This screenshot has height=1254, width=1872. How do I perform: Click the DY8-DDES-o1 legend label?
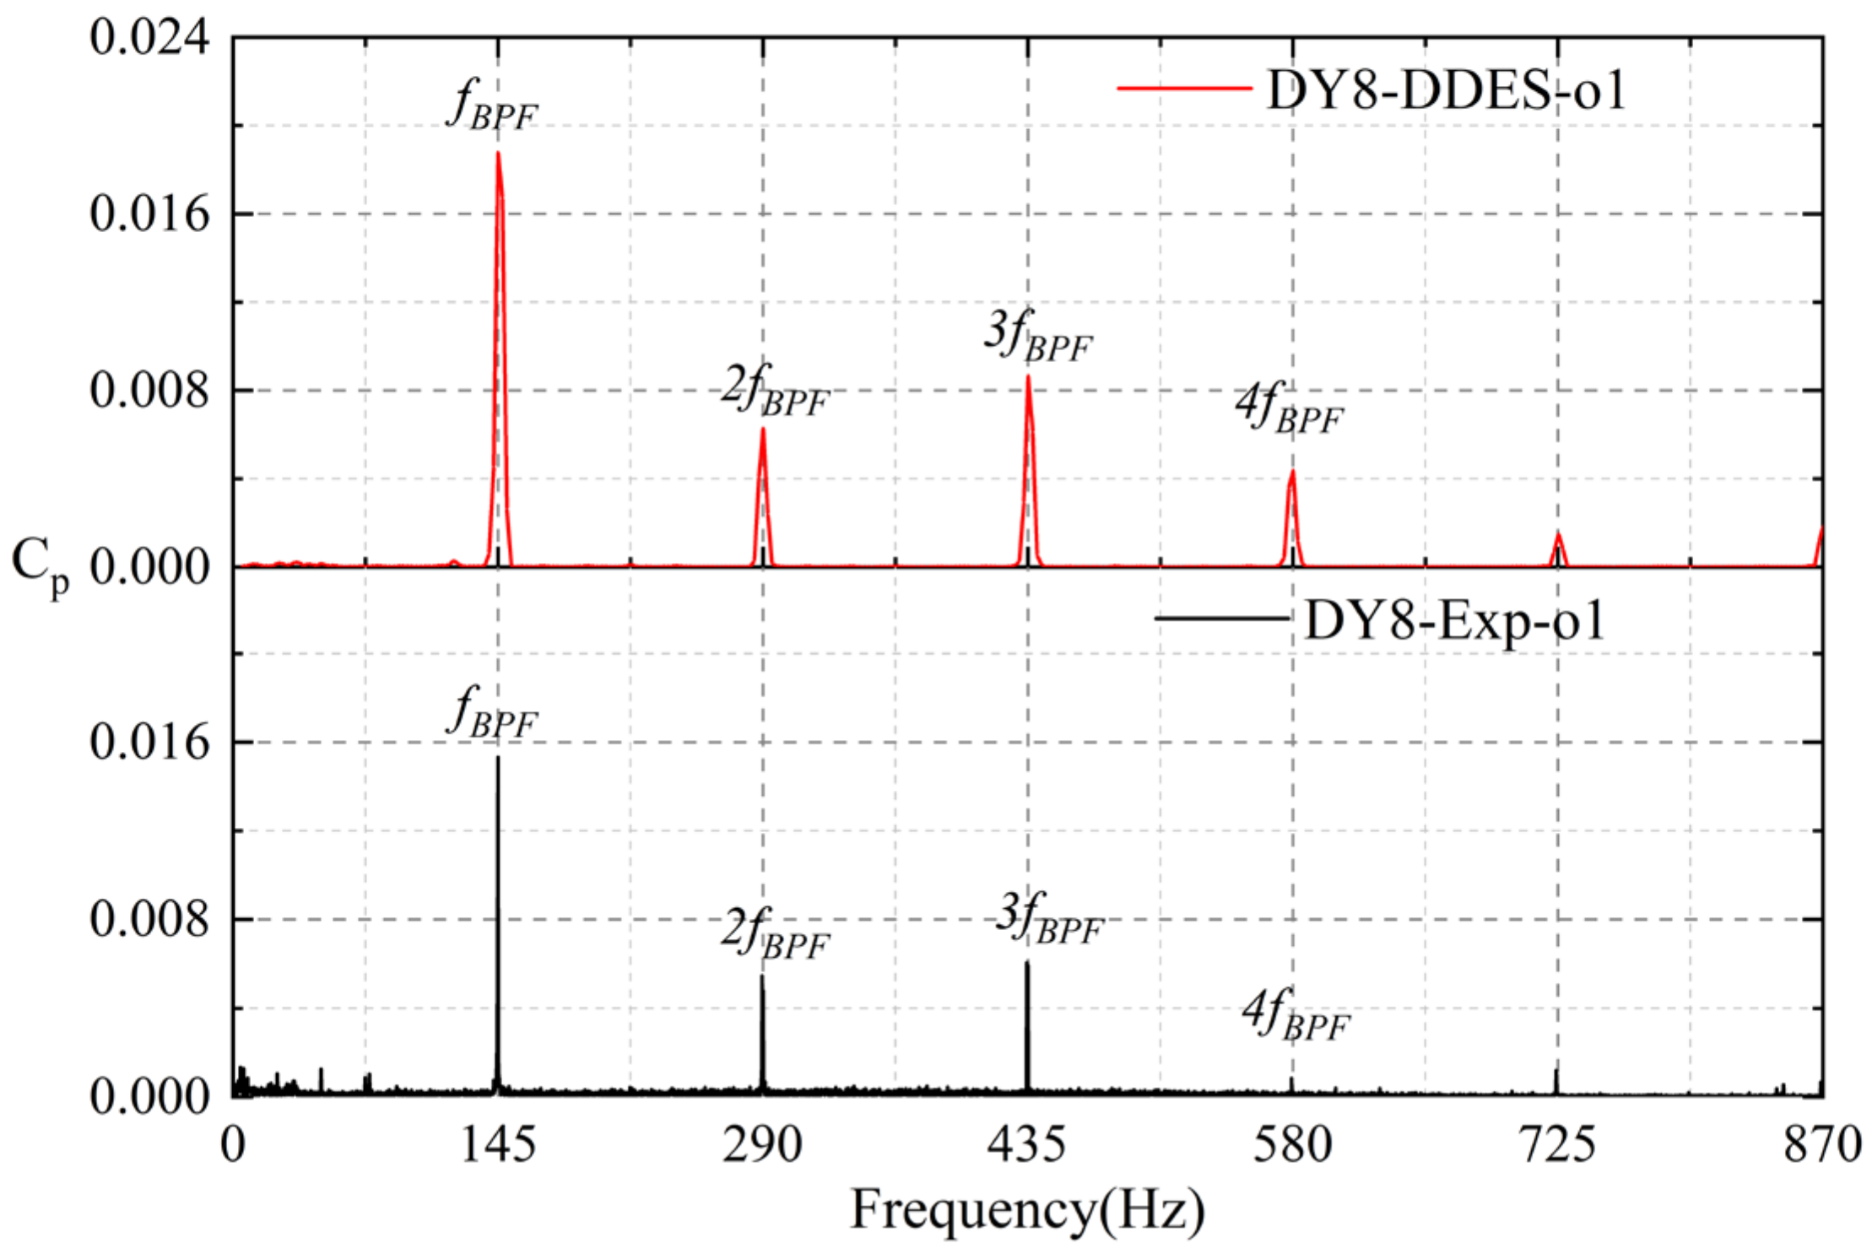[1446, 89]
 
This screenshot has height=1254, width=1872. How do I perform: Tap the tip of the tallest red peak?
[498, 154]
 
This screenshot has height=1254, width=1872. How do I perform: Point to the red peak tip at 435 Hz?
[1028, 376]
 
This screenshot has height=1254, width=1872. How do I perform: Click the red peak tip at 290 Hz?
[763, 429]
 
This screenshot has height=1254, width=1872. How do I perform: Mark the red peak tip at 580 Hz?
[1292, 472]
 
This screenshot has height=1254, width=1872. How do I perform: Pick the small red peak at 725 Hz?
[1558, 535]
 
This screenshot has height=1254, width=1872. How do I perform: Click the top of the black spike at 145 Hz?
[498, 759]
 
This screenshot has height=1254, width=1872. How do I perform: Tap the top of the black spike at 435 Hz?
[1027, 963]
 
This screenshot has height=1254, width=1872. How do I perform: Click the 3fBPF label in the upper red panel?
[1038, 337]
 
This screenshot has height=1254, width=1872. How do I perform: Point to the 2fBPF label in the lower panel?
[775, 934]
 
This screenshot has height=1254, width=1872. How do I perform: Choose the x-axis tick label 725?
[1557, 1146]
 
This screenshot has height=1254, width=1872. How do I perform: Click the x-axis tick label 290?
[762, 1146]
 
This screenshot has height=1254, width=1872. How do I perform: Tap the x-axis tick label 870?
[1822, 1146]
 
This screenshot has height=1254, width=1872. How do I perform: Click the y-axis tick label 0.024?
[149, 38]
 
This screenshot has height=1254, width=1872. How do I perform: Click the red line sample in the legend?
[1184, 88]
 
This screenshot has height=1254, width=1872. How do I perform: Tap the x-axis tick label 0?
[233, 1146]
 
